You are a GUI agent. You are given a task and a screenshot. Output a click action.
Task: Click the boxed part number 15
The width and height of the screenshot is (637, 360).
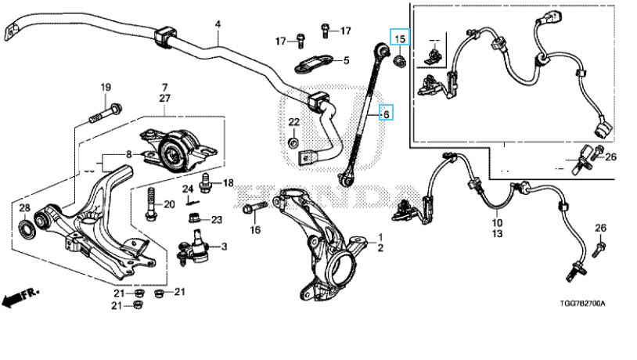tap(400, 38)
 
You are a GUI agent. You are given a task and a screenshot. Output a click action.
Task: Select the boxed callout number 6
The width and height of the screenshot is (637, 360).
tap(384, 114)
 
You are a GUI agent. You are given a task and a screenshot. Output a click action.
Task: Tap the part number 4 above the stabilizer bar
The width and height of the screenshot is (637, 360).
tap(218, 24)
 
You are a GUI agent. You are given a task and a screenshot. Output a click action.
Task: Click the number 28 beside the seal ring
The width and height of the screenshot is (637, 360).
tap(24, 207)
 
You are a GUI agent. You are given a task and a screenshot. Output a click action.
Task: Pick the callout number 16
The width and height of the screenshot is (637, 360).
tap(254, 229)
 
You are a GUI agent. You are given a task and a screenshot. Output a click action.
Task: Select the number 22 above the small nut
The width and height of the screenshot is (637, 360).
tap(293, 121)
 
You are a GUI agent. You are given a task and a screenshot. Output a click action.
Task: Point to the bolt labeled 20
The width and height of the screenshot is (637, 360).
tap(149, 205)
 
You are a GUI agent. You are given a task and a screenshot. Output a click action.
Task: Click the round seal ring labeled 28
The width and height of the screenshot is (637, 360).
tap(27, 229)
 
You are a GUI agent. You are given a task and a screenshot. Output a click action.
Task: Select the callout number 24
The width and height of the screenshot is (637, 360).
tap(188, 189)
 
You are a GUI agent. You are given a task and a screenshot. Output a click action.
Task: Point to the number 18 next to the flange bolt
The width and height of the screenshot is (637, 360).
tap(228, 183)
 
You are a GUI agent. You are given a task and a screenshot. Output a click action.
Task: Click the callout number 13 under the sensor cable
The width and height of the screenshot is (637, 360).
tap(497, 233)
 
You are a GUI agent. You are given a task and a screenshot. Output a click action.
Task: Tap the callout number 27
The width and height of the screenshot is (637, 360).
tap(164, 98)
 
